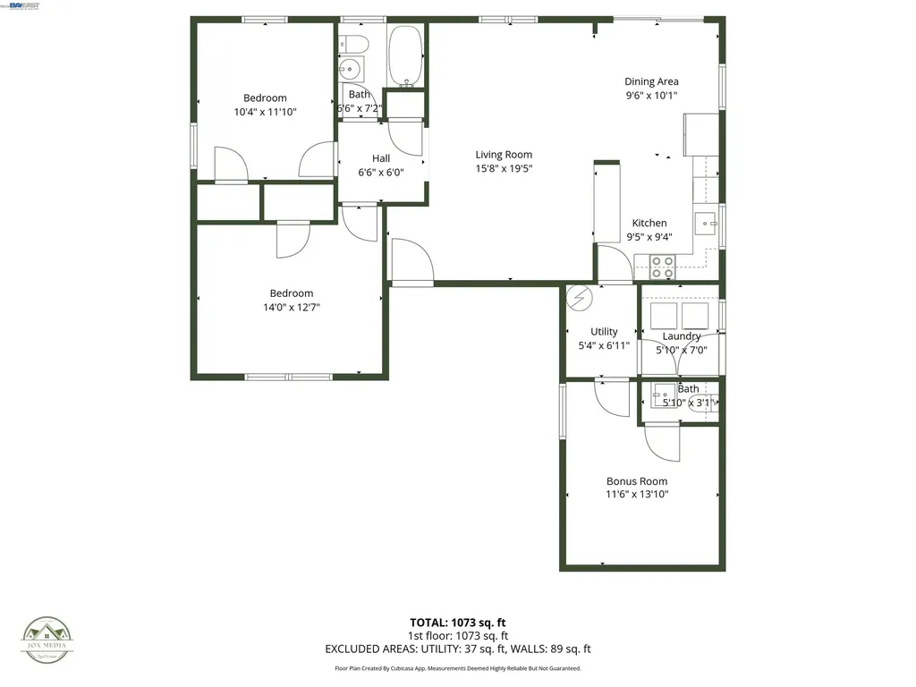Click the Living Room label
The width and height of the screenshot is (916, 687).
[504, 155]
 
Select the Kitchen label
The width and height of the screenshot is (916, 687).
[649, 224]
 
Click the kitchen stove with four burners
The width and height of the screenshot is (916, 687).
[663, 266]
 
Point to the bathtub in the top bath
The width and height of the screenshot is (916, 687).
[407, 56]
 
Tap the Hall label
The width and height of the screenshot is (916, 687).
[381, 158]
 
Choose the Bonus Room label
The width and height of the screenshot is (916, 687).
[637, 481]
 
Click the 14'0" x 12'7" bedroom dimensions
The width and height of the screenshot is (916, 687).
[292, 307]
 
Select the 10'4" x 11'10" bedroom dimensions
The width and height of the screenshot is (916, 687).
[265, 112]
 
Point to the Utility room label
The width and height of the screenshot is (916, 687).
[604, 332]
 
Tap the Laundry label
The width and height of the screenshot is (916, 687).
[682, 336]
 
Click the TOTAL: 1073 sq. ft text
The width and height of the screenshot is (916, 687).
[457, 623]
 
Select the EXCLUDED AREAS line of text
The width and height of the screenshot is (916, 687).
[457, 649]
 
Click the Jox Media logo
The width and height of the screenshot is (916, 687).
[47, 637]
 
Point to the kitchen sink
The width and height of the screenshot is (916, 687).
[706, 223]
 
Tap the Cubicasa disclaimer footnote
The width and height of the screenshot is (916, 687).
[457, 668]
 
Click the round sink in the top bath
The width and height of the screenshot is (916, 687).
[350, 68]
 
